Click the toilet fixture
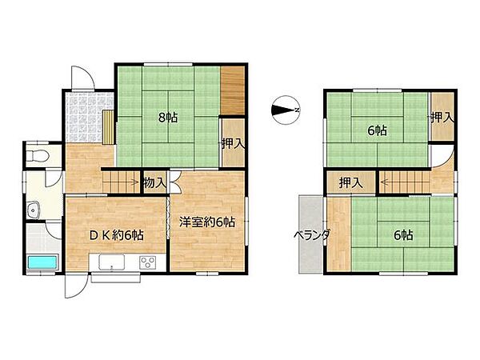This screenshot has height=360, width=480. [38, 155]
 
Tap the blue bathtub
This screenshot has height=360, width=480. [42, 262]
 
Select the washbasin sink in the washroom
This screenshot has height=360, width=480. [33, 210]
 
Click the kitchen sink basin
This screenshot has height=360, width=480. [111, 262]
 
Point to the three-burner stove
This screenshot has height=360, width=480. [148, 262]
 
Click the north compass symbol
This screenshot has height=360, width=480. [285, 110]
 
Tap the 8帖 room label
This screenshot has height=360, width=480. [168, 118]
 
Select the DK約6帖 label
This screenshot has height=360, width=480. [116, 235]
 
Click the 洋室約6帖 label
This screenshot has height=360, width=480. [207, 222]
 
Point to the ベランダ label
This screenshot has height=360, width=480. [312, 235]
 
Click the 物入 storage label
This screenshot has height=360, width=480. [155, 183]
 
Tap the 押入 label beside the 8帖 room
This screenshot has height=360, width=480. [234, 143]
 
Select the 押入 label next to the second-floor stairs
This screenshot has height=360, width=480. [351, 183]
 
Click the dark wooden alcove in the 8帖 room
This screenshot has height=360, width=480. [233, 90]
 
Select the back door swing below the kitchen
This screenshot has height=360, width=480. [76, 286]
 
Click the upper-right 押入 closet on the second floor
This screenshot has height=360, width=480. [442, 116]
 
